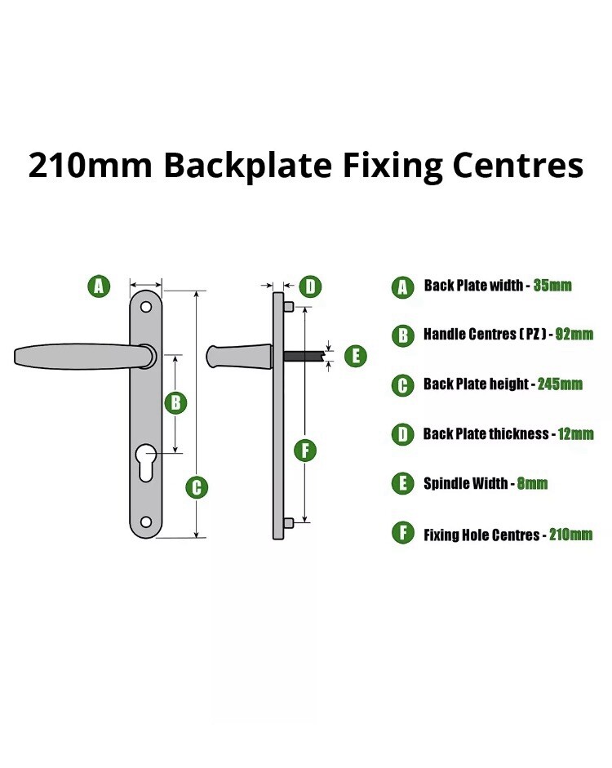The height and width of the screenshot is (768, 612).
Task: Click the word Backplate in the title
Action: pyautogui.click(x=247, y=165)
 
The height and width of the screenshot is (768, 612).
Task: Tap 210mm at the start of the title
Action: pyautogui.click(x=90, y=165)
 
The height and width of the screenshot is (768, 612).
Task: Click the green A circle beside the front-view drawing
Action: pyautogui.click(x=99, y=286)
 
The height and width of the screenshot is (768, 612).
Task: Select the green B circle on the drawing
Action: pyautogui.click(x=175, y=402)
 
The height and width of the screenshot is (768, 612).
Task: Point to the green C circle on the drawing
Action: pyautogui.click(x=197, y=487)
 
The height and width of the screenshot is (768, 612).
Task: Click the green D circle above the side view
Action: pyautogui.click(x=310, y=286)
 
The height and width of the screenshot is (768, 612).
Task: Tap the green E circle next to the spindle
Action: pyautogui.click(x=356, y=356)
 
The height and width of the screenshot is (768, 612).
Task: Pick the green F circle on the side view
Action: pyautogui.click(x=305, y=451)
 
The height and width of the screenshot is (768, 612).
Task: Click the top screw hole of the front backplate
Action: pyautogui.click(x=146, y=307)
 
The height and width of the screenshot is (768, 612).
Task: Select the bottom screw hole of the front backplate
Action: pyautogui.click(x=146, y=522)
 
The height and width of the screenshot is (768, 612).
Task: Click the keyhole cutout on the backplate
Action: pyautogui.click(x=146, y=462)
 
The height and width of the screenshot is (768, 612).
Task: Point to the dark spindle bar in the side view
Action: pyautogui.click(x=304, y=356)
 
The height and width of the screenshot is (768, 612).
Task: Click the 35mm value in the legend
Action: pyautogui.click(x=552, y=285)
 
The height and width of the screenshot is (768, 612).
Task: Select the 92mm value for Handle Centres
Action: pyautogui.click(x=574, y=334)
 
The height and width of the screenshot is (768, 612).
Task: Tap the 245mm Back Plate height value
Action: pyautogui.click(x=560, y=384)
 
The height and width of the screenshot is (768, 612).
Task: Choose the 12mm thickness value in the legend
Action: pyautogui.click(x=575, y=434)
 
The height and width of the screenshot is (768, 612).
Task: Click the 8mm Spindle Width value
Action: pyautogui.click(x=532, y=483)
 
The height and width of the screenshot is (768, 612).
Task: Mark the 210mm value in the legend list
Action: pyautogui.click(x=570, y=534)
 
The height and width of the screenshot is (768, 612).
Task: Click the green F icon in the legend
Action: pyautogui.click(x=403, y=533)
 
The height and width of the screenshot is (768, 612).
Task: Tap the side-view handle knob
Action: pyautogui.click(x=239, y=356)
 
